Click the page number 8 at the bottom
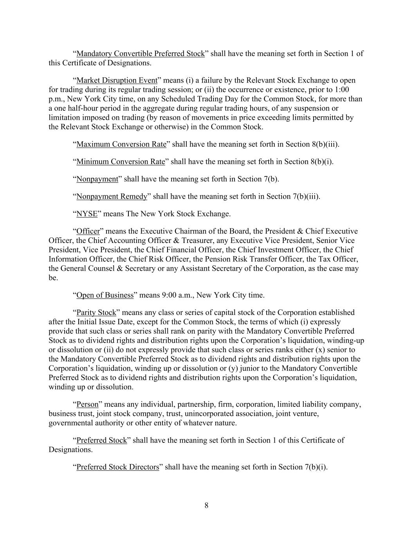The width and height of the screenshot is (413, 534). [206, 505]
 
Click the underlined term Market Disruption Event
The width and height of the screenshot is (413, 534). [117, 81]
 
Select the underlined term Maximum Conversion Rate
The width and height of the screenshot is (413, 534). [121, 144]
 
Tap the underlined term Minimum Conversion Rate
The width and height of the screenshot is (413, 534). [121, 162]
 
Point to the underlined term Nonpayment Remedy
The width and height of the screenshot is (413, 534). [112, 196]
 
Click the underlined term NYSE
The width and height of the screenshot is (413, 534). [87, 214]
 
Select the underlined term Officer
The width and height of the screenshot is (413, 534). [88, 231]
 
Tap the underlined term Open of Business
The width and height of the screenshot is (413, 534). [105, 295]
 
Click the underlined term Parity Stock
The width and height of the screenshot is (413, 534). [96, 313]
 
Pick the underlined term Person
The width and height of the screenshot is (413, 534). [87, 404]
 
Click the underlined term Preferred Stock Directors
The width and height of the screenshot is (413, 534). [118, 467]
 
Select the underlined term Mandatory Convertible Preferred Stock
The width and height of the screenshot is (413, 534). [141, 54]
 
